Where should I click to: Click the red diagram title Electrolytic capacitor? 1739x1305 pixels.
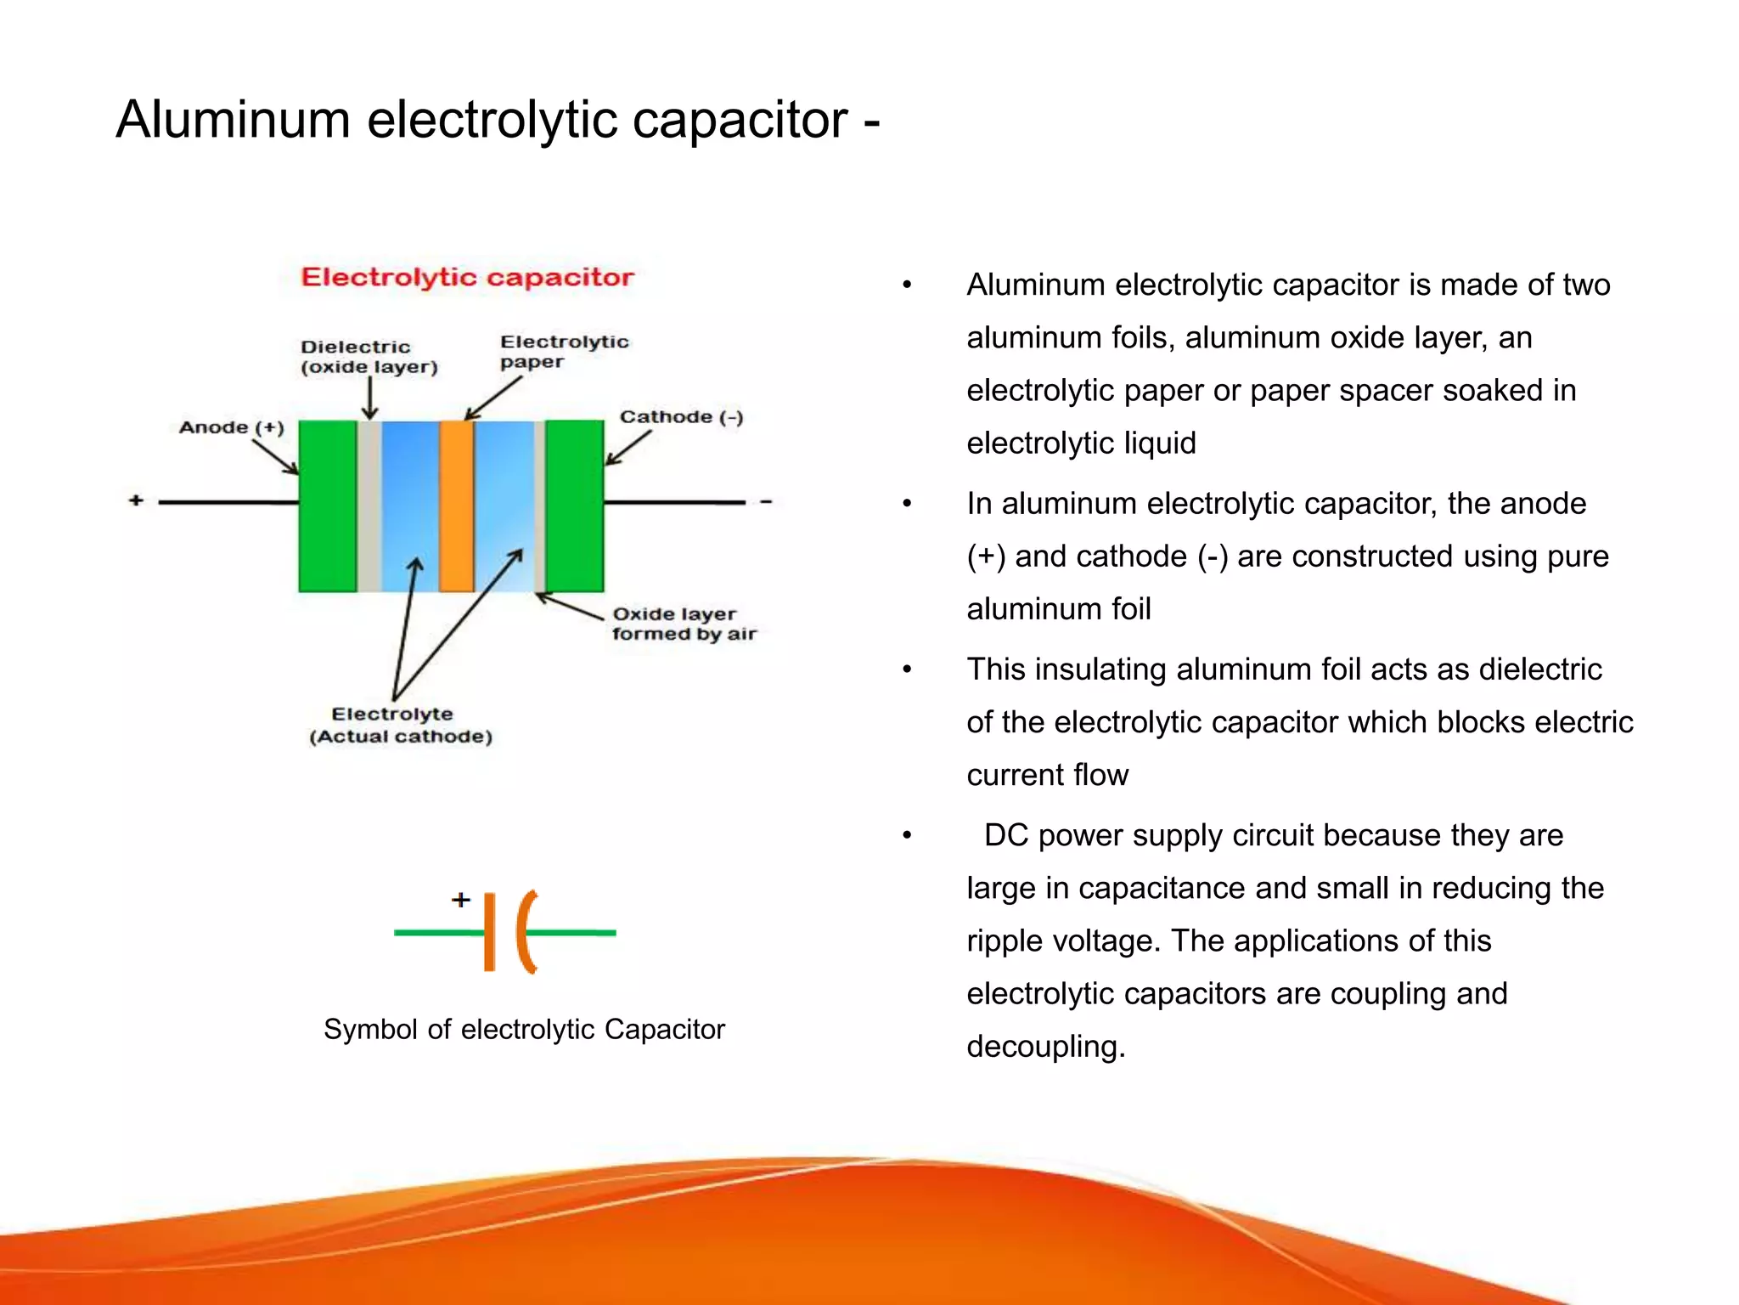pyautogui.click(x=468, y=277)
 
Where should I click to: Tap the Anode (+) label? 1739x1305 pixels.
pyautogui.click(x=231, y=427)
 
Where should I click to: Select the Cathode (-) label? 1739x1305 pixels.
pyautogui.click(x=681, y=417)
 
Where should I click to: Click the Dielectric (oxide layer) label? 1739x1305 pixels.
pyautogui.click(x=369, y=357)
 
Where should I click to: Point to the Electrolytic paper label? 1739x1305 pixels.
pyautogui.click(x=564, y=351)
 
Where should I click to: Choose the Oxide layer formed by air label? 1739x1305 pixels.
pyautogui.click(x=684, y=624)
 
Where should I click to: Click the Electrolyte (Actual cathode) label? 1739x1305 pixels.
pyautogui.click(x=400, y=725)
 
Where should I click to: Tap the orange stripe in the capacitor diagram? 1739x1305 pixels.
pyautogui.click(x=457, y=506)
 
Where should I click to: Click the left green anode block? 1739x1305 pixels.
pyautogui.click(x=328, y=506)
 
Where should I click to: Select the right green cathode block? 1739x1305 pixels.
pyautogui.click(x=575, y=506)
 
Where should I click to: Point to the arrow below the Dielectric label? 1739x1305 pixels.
pyautogui.click(x=369, y=398)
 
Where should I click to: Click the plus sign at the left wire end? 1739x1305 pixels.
pyautogui.click(x=136, y=500)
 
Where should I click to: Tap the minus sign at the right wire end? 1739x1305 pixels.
pyautogui.click(x=766, y=502)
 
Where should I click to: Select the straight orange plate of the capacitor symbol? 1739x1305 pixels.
pyautogui.click(x=489, y=932)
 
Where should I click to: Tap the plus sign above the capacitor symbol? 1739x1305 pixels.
pyautogui.click(x=461, y=900)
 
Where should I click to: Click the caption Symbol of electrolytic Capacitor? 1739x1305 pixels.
pyautogui.click(x=524, y=1029)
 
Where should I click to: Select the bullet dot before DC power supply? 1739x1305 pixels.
pyautogui.click(x=907, y=836)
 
